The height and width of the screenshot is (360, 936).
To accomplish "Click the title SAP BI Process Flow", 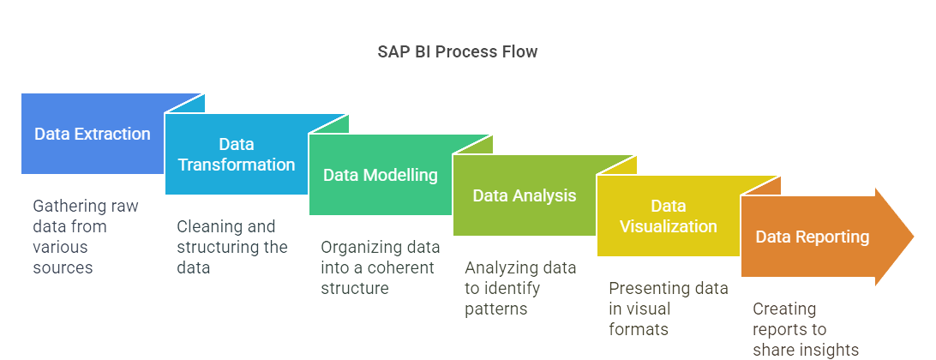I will point(457,51).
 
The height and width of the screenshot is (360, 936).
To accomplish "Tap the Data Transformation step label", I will point(236,155).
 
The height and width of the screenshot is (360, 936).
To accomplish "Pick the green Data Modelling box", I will point(380,175).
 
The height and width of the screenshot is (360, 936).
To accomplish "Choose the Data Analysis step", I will point(524,195).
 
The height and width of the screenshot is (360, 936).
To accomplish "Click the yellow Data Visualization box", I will point(668,216).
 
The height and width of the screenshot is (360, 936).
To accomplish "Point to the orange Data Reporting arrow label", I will point(812,237).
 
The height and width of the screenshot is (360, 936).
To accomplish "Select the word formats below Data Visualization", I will point(639,328).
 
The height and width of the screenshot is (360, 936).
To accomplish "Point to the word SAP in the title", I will point(393,51).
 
